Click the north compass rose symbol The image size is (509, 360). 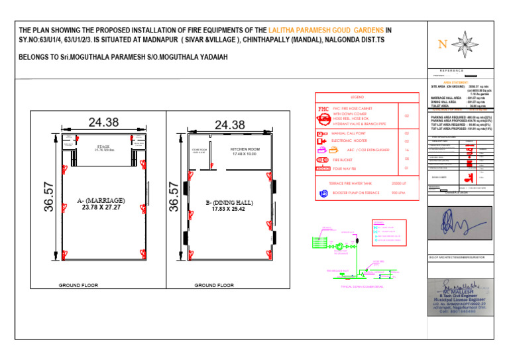click(x=468, y=44)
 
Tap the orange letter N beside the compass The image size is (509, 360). click(x=442, y=44)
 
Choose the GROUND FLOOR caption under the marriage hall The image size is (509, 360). click(x=78, y=285)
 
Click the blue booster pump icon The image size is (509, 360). click(x=323, y=194)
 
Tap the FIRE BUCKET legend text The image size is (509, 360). click(x=343, y=160)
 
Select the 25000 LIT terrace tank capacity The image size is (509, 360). click(x=398, y=183)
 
